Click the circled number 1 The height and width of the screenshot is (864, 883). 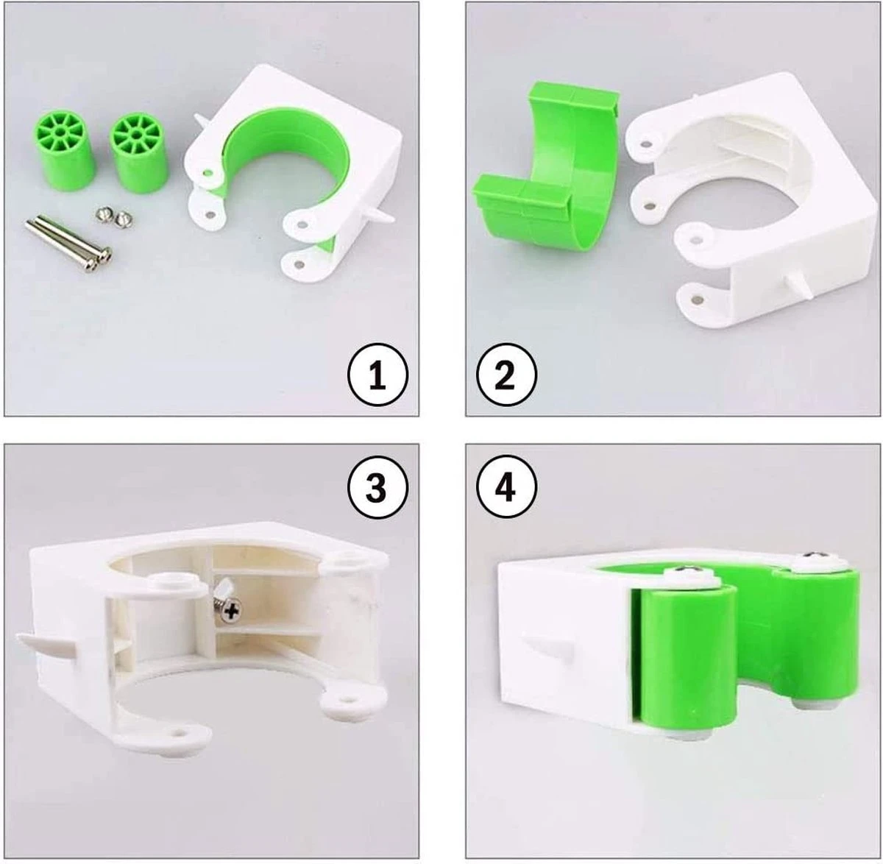(x=377, y=375)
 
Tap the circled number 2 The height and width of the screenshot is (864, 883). (x=506, y=375)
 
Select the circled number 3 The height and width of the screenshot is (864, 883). (x=377, y=488)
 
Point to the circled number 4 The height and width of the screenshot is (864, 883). (x=506, y=488)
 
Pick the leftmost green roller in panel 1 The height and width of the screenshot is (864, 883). (x=63, y=152)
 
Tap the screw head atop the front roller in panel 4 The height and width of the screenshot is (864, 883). (x=687, y=571)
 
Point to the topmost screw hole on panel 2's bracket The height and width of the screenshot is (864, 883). (x=645, y=145)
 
